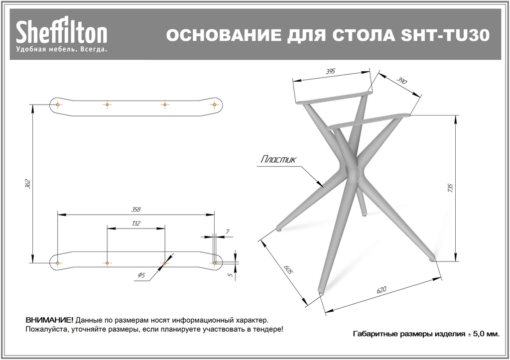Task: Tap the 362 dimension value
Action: click(x=28, y=183)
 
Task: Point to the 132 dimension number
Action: click(x=135, y=224)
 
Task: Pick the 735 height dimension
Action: click(x=451, y=188)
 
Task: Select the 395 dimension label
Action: click(x=330, y=72)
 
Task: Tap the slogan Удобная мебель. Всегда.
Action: click(x=62, y=50)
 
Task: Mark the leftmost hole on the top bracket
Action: click(x=58, y=105)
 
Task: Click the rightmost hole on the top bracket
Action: click(x=215, y=105)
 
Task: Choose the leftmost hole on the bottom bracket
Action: click(x=58, y=262)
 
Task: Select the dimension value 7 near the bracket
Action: click(x=227, y=232)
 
